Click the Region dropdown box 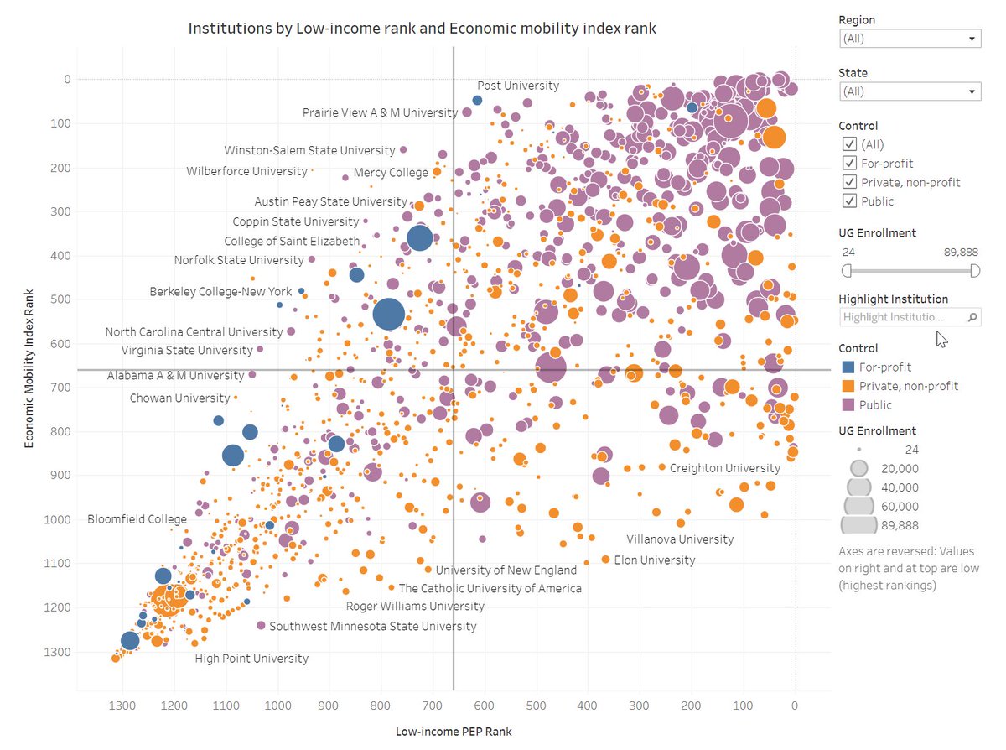910,39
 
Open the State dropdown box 910,91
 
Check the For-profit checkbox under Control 849,163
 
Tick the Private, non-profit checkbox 849,182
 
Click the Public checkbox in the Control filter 849,201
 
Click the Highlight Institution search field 910,317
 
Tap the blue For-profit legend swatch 848,367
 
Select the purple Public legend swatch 848,404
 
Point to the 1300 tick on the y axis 57,652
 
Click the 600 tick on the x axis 484,706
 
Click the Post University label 518,86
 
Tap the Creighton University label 725,468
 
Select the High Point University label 251,659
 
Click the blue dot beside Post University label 477,101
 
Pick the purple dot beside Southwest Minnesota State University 261,625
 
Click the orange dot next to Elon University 605,560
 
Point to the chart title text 422,29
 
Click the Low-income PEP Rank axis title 454,732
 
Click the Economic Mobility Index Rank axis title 29,368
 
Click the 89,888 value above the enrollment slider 961,252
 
